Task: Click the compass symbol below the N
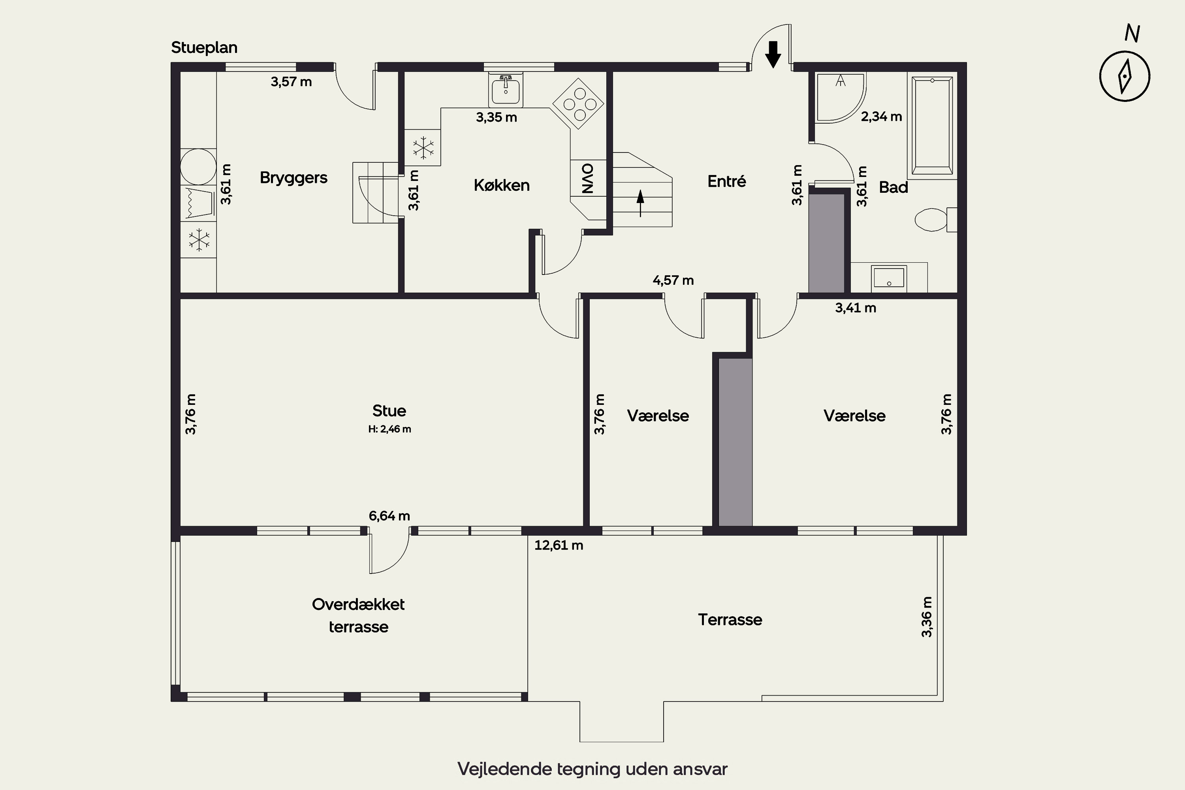point(1125,77)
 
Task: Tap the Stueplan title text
point(204,48)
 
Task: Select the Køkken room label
point(501,185)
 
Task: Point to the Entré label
point(726,181)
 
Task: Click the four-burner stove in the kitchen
point(578,104)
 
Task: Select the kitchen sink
point(505,90)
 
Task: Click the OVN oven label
point(587,179)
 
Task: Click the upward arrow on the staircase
point(640,203)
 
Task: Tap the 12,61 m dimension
point(559,545)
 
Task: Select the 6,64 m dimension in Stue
point(389,516)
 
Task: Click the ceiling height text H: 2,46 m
point(389,429)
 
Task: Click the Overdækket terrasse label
point(358,616)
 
